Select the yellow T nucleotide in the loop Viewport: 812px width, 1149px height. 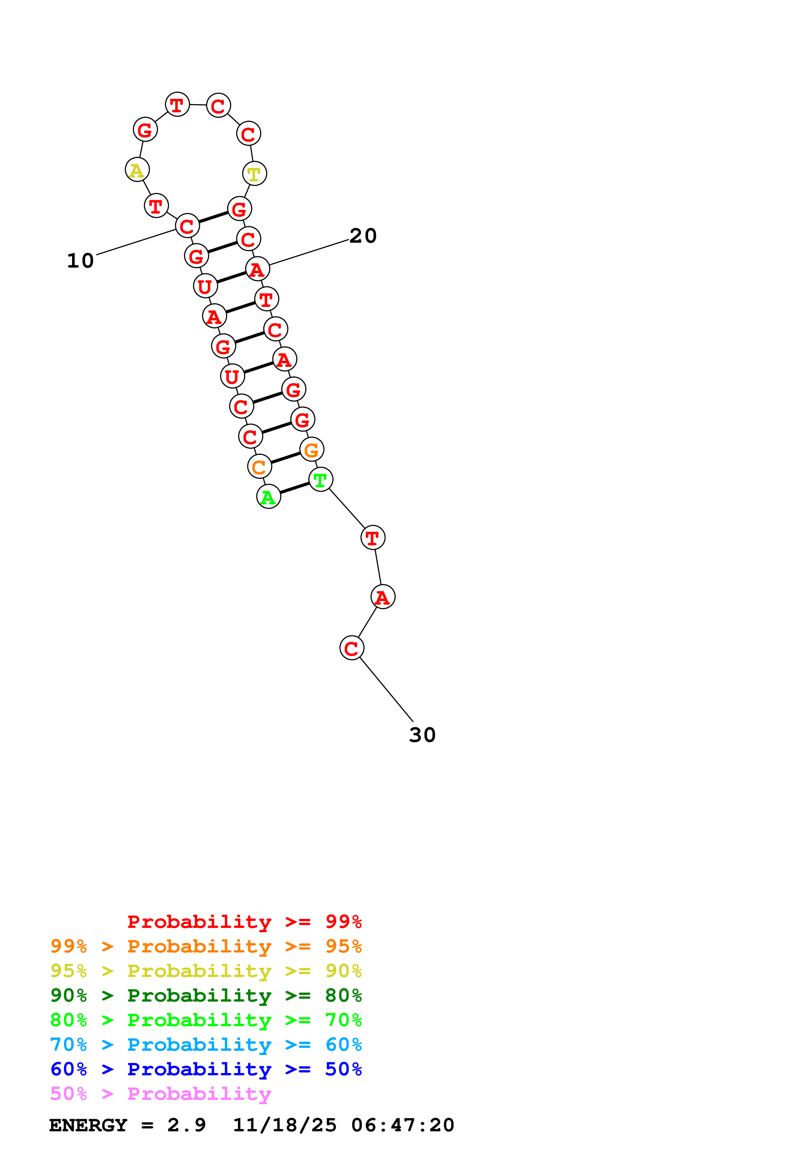pos(254,174)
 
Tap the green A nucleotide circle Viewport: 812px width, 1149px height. pos(268,497)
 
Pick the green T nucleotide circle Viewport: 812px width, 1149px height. pos(321,480)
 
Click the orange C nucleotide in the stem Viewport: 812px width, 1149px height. pos(259,466)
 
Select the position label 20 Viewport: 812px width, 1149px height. pos(363,236)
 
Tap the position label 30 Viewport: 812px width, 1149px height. pos(422,735)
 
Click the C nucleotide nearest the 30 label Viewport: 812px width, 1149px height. pos(352,648)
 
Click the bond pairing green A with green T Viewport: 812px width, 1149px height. pos(295,488)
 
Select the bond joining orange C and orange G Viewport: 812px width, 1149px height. pos(286,458)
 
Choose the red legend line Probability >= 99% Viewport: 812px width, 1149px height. pos(244,921)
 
